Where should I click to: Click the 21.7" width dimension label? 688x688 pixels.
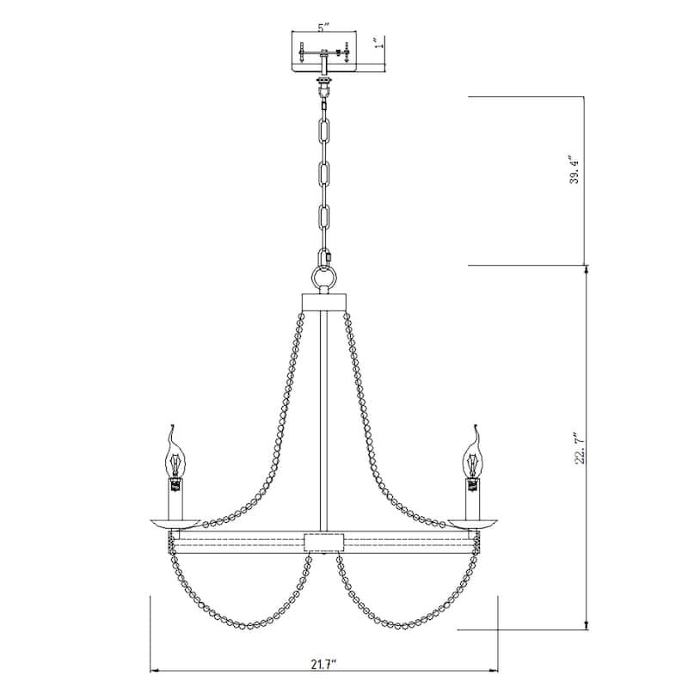324,664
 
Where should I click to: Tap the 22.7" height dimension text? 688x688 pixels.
580,447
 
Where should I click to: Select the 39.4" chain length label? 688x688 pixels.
575,169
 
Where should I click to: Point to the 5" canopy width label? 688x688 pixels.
323,28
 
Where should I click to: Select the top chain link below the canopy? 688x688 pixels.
325,130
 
